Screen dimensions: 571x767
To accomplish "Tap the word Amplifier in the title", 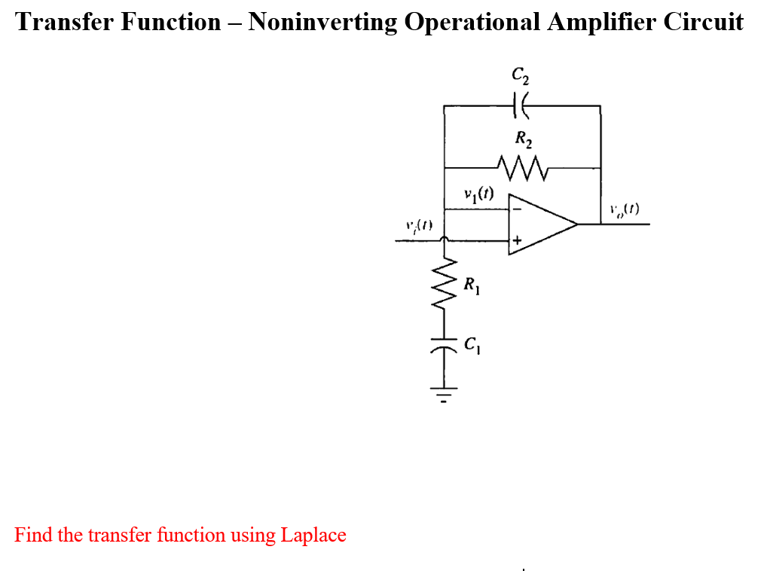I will (599, 21).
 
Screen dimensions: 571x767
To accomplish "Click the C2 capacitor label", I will (520, 76).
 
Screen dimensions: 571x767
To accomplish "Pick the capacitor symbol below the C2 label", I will (521, 106).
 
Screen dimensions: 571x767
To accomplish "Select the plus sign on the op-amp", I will (518, 241).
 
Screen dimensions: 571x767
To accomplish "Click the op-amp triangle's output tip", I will (576, 224).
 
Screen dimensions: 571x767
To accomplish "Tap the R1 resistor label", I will (471, 285).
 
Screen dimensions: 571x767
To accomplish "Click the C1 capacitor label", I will (472, 347).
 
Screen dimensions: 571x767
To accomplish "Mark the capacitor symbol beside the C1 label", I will (445, 349).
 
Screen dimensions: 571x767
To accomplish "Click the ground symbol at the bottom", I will (445, 394).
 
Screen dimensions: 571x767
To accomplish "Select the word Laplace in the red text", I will (313, 536).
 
